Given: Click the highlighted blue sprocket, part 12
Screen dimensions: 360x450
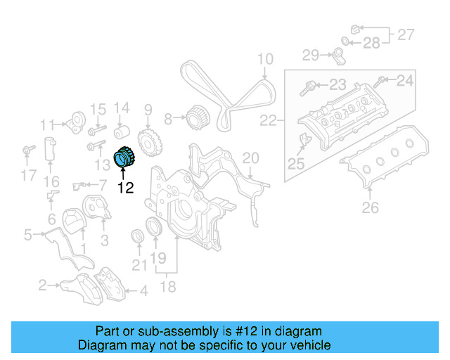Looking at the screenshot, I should click(x=124, y=156).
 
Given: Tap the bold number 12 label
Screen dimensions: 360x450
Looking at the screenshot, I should click(x=125, y=188).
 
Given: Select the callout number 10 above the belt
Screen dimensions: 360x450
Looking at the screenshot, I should click(x=264, y=60).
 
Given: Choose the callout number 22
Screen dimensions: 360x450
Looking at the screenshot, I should click(x=268, y=120).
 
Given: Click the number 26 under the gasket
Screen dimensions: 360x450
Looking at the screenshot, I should click(x=370, y=207).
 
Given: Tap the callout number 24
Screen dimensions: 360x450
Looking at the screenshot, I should click(x=405, y=80).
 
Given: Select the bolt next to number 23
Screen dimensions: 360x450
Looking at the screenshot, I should click(x=309, y=89).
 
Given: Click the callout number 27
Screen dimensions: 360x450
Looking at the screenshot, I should click(x=406, y=34).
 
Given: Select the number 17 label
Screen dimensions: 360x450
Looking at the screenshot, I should click(x=28, y=175).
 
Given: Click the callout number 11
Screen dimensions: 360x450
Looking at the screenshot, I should click(x=47, y=125).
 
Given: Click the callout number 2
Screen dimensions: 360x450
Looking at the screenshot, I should click(x=43, y=285).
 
